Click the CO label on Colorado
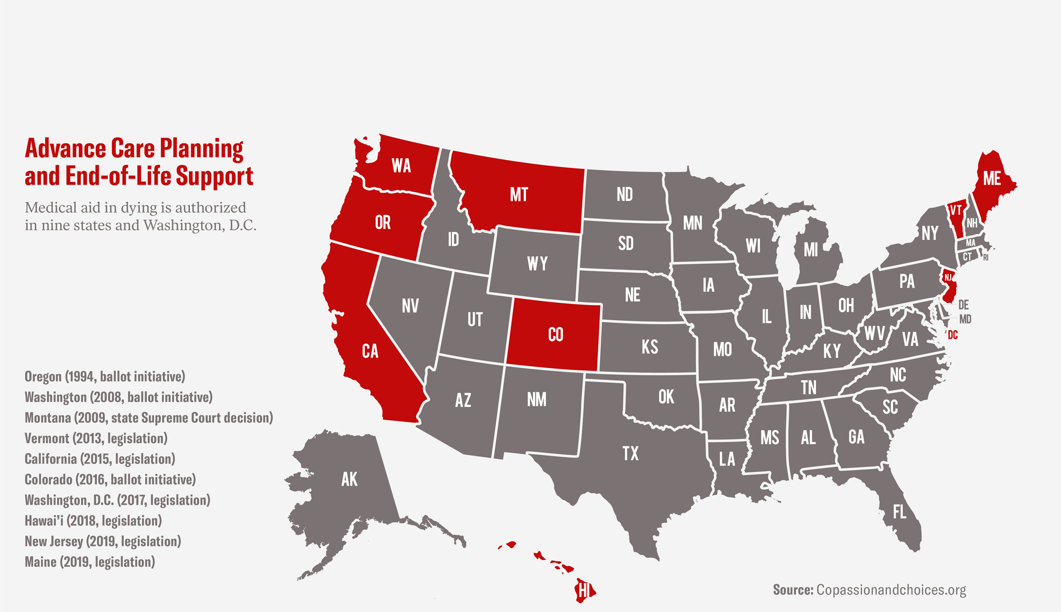click(x=556, y=335)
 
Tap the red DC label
click(x=953, y=335)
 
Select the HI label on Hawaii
click(x=584, y=590)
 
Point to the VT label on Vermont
click(x=956, y=211)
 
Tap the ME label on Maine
click(x=992, y=179)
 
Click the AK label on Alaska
click(x=349, y=480)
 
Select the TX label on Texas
click(x=631, y=454)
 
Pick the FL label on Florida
click(x=899, y=512)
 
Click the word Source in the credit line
click(x=793, y=590)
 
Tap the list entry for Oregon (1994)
click(x=105, y=376)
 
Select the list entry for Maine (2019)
click(x=90, y=562)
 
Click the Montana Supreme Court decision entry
click(x=149, y=418)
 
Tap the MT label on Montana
click(x=518, y=195)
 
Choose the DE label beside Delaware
click(x=963, y=305)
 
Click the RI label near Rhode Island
click(x=985, y=258)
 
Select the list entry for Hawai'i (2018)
click(x=93, y=521)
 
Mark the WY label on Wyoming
click(x=537, y=264)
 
